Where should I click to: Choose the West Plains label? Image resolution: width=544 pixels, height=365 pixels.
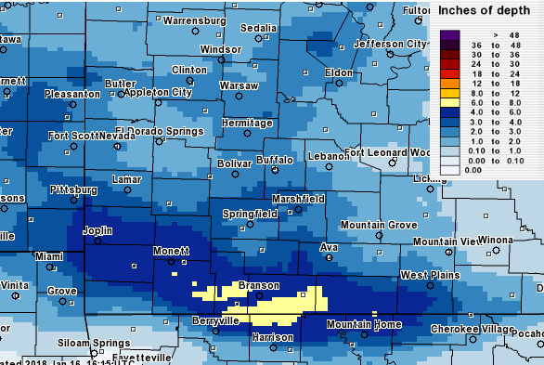[x=426, y=275]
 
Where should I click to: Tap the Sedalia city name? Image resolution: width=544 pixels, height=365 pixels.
[x=258, y=28]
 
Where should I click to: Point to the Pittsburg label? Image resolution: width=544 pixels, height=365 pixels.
[x=73, y=189]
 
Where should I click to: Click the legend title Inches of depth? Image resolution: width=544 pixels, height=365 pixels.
[x=483, y=10]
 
